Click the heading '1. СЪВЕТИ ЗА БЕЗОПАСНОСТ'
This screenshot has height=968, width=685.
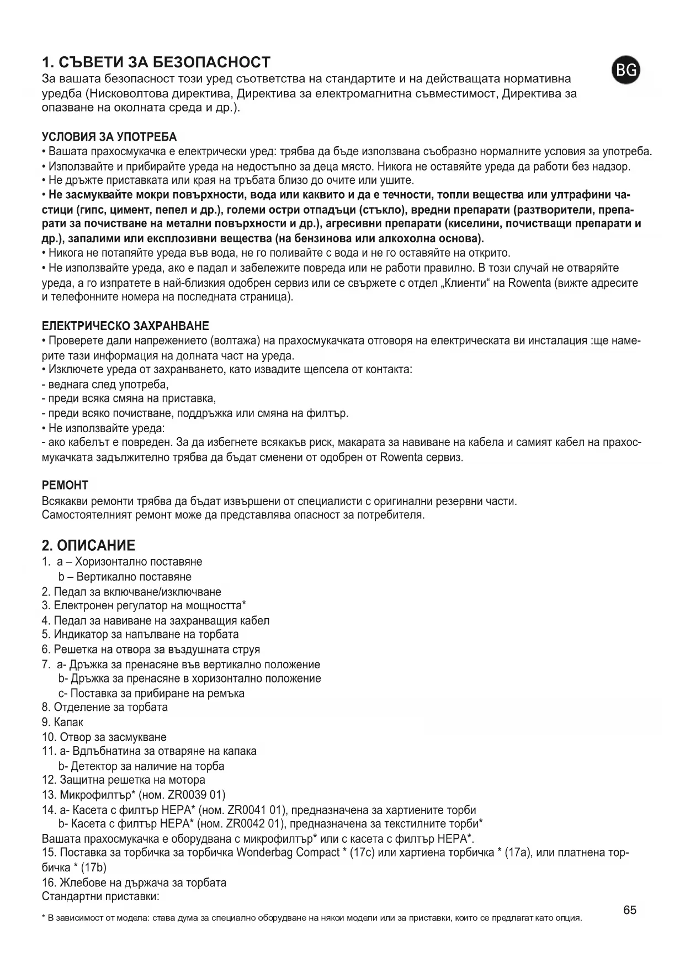tap(156, 62)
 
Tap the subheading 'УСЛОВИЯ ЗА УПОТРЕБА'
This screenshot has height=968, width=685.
tap(109, 137)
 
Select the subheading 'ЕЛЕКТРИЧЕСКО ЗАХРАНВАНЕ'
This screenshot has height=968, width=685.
tap(125, 326)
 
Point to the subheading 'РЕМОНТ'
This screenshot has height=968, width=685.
tap(65, 485)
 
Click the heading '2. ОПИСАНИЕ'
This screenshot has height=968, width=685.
tap(88, 545)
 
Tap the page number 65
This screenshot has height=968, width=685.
tap(630, 910)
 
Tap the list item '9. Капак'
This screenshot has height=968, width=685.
tap(62, 722)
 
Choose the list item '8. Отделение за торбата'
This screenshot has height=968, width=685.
tap(105, 707)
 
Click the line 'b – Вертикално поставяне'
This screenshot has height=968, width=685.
tap(125, 577)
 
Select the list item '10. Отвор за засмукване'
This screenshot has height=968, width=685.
tap(104, 737)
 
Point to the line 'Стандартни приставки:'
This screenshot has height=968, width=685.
tap(100, 896)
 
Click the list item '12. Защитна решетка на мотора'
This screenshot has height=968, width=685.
tap(124, 780)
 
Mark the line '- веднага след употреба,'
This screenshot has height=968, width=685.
tap(105, 384)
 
